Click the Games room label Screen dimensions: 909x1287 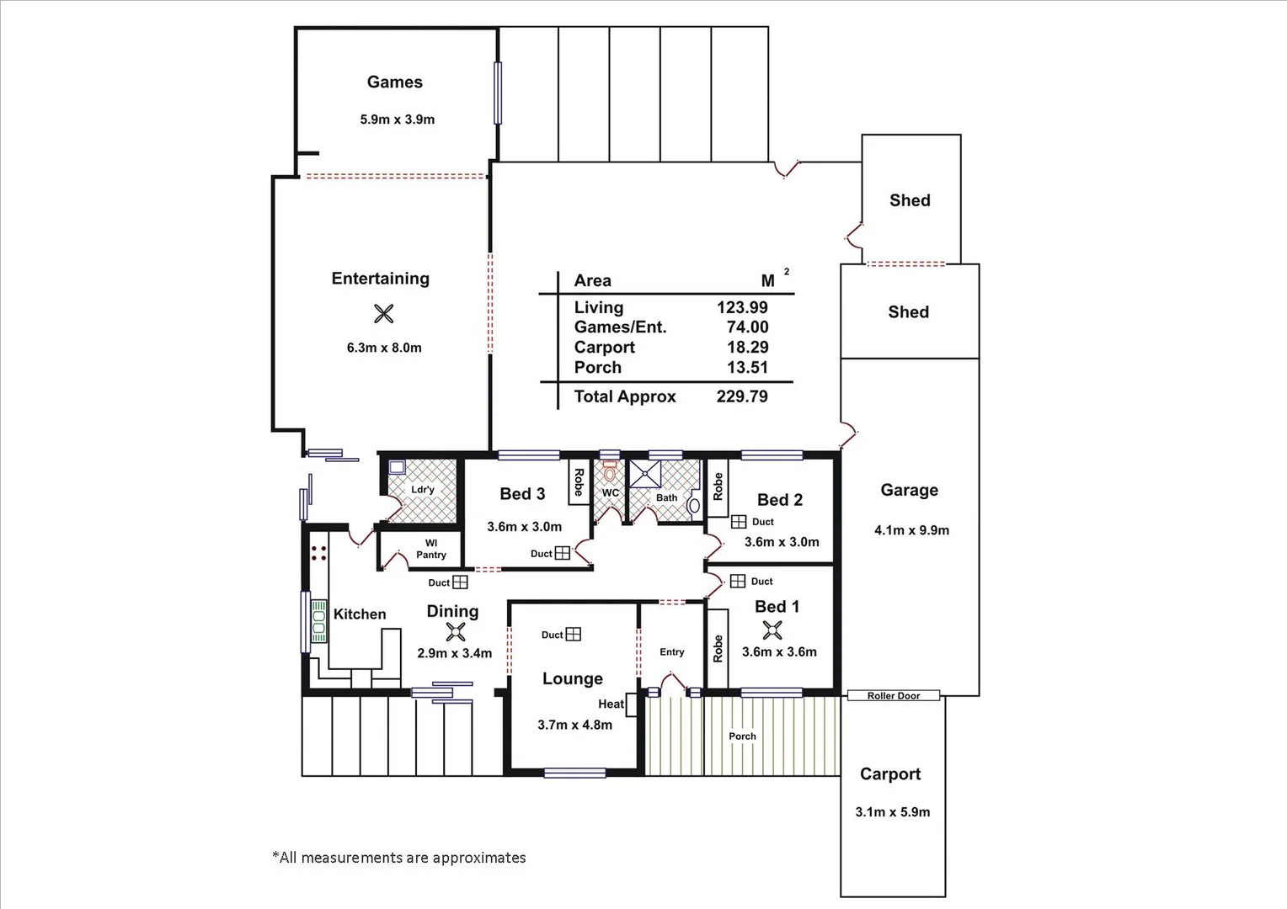[394, 82]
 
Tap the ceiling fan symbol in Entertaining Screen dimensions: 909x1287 [383, 314]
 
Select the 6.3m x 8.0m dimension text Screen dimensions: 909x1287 [384, 348]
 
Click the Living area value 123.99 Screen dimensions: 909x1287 [742, 308]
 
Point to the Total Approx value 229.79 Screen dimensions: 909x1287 [742, 396]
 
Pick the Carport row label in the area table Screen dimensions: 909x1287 [604, 348]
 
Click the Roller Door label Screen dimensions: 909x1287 [894, 696]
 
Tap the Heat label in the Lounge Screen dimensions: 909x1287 [611, 704]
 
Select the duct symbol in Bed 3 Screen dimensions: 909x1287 [563, 553]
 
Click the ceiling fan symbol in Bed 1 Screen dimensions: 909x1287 [772, 630]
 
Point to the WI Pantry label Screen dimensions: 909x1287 [430, 549]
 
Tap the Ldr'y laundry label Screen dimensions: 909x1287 [423, 490]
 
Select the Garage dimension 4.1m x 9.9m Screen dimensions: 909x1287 [911, 530]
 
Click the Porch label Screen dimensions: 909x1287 [742, 736]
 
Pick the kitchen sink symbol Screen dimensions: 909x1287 [319, 621]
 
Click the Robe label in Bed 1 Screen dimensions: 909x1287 [718, 648]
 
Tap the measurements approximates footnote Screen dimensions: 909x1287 [398, 858]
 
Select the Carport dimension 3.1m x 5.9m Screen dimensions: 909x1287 [892, 812]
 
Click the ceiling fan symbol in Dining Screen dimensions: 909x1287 [455, 632]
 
